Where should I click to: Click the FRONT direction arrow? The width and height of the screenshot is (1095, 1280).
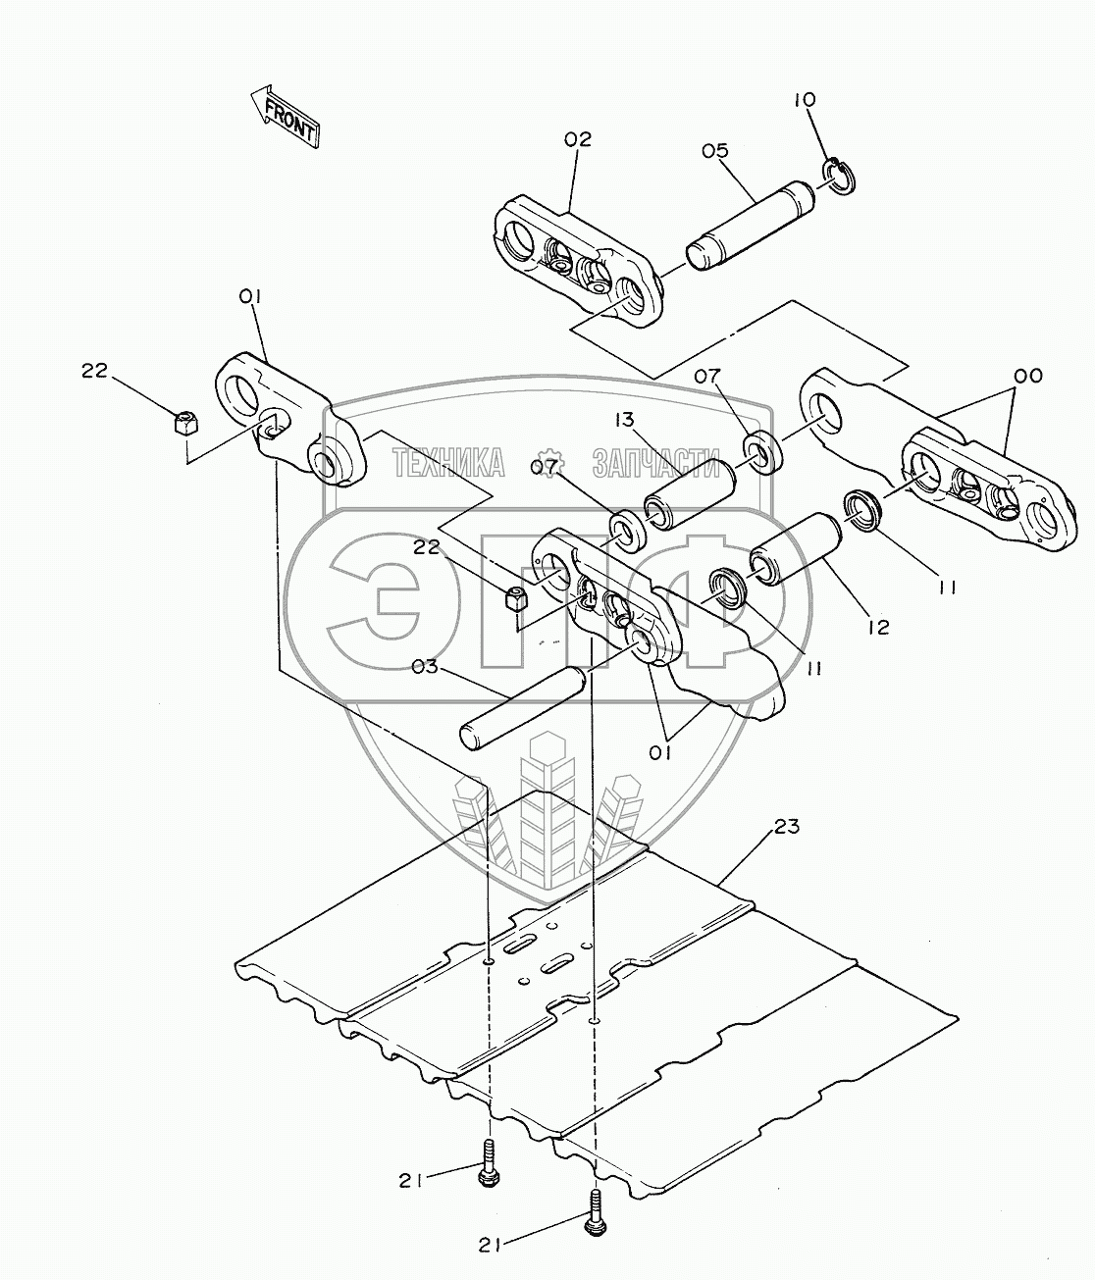pos(284,116)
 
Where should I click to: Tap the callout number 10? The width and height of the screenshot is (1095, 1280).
pos(804,99)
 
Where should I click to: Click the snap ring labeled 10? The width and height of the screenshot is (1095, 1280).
pos(836,175)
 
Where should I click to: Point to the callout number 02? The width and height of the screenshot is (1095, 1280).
pos(578,139)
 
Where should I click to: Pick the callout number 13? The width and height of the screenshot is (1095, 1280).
pos(625,421)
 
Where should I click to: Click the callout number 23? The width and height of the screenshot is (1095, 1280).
pos(787,827)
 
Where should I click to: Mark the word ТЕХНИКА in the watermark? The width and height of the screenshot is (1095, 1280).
pos(449,462)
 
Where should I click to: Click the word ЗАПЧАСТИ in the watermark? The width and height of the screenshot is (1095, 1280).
pos(655,462)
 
